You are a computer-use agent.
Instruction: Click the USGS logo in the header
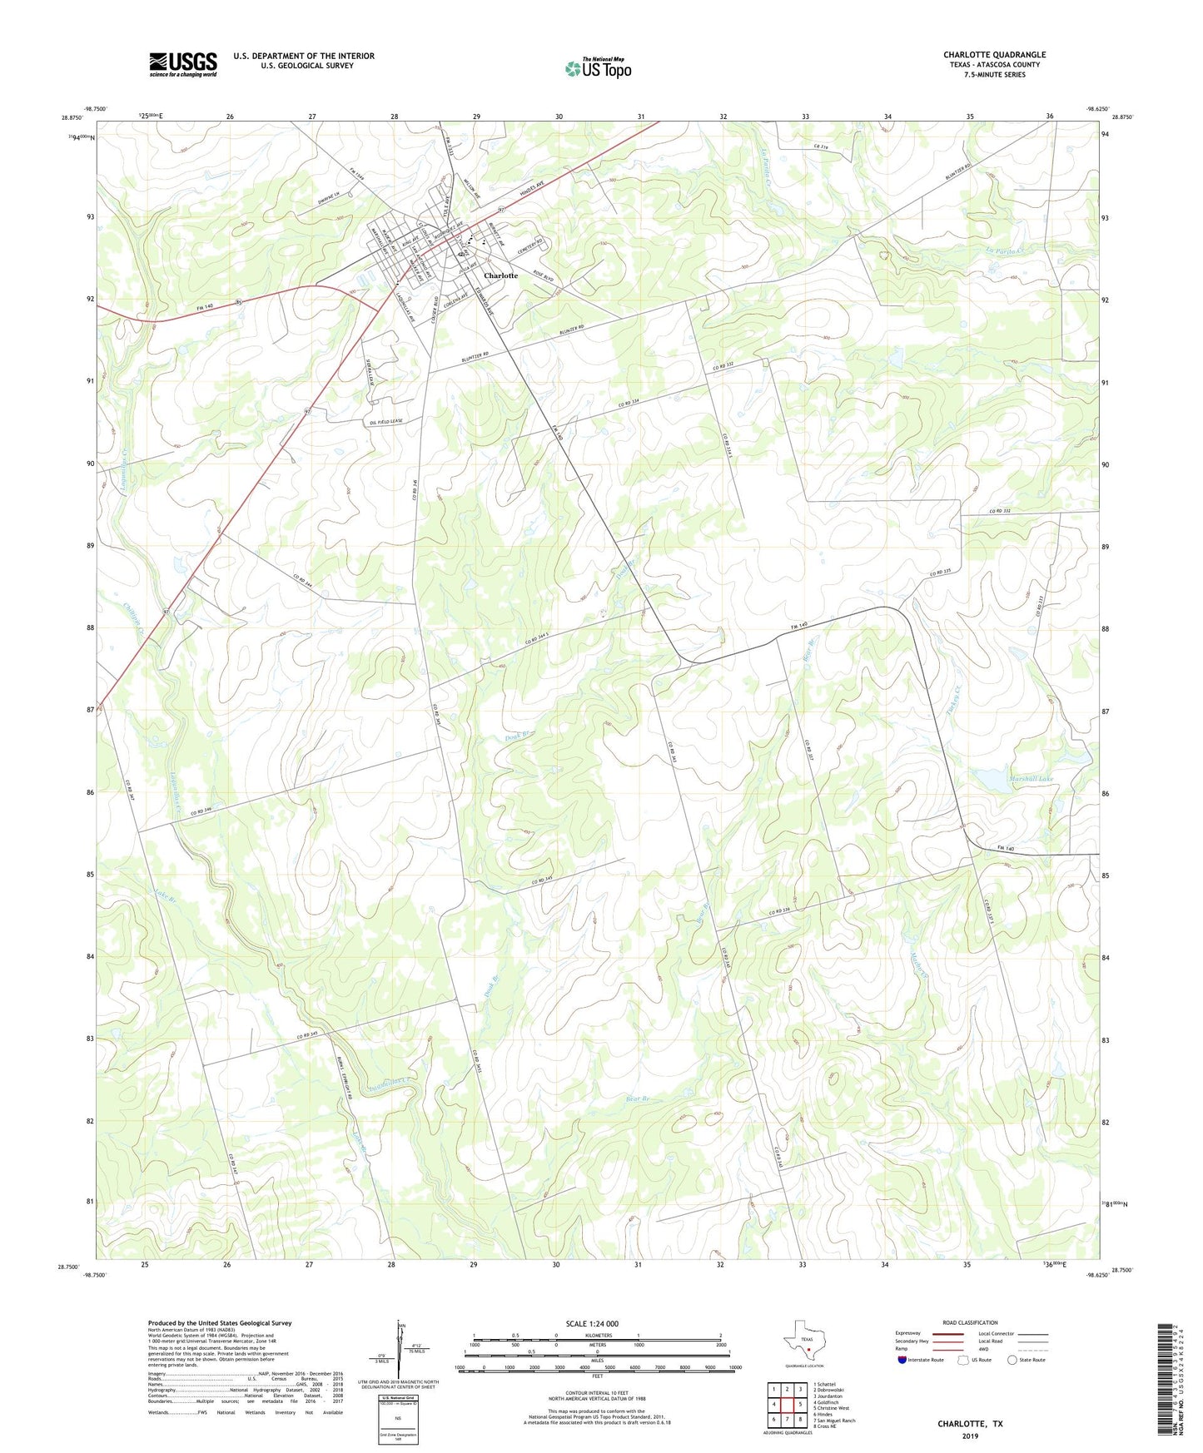[183, 64]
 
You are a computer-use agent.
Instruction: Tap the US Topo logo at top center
[598, 68]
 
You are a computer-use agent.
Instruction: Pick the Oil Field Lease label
[386, 421]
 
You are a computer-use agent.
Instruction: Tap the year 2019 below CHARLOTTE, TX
[970, 1436]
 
